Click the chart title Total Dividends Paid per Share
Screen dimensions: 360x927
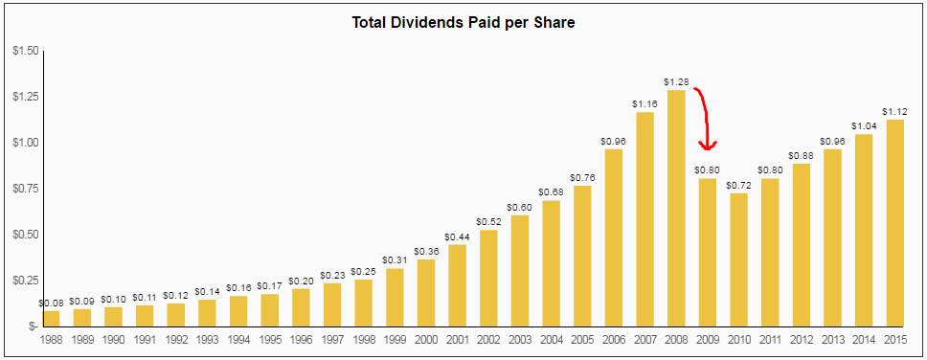click(463, 22)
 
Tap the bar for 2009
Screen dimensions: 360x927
click(708, 252)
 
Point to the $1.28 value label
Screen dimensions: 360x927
click(676, 82)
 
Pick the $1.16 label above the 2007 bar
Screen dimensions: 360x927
click(644, 104)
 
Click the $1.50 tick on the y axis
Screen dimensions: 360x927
click(24, 51)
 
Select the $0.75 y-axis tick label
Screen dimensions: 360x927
click(24, 189)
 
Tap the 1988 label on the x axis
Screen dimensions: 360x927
click(52, 339)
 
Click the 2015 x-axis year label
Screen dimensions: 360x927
click(894, 339)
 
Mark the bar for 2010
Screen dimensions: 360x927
click(738, 259)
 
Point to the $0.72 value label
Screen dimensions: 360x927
click(738, 186)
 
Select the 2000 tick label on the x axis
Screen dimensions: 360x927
click(426, 339)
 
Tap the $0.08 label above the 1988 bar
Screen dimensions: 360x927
click(52, 304)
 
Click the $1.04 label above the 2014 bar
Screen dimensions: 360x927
click(864, 126)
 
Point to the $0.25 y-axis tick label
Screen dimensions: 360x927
click(24, 281)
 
